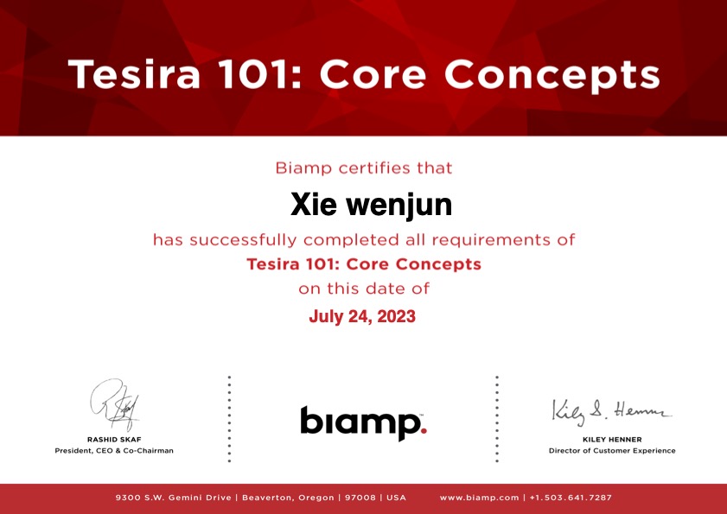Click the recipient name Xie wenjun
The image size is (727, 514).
coord(371,206)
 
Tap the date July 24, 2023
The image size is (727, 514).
coord(362,316)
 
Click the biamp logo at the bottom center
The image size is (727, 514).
coord(363,423)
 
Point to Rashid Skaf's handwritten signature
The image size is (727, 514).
coord(114,404)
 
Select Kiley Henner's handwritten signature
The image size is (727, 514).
coord(611,412)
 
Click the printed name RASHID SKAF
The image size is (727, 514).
coord(114,440)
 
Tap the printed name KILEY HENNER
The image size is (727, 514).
coord(612,440)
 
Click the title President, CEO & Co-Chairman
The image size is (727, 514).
coord(114,450)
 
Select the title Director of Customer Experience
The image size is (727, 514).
coord(612,450)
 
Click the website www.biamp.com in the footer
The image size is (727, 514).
coord(480,498)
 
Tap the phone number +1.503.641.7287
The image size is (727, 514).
coord(571,498)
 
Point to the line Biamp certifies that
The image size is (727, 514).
coord(363,168)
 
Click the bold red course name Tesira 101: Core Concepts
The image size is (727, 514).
coord(364,264)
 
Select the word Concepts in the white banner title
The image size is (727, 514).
coord(552,75)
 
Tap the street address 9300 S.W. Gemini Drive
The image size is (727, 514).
coord(174,498)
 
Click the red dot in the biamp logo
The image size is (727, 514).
coord(424,430)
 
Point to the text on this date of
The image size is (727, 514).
coord(364,289)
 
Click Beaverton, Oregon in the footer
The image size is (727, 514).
coord(288,498)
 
